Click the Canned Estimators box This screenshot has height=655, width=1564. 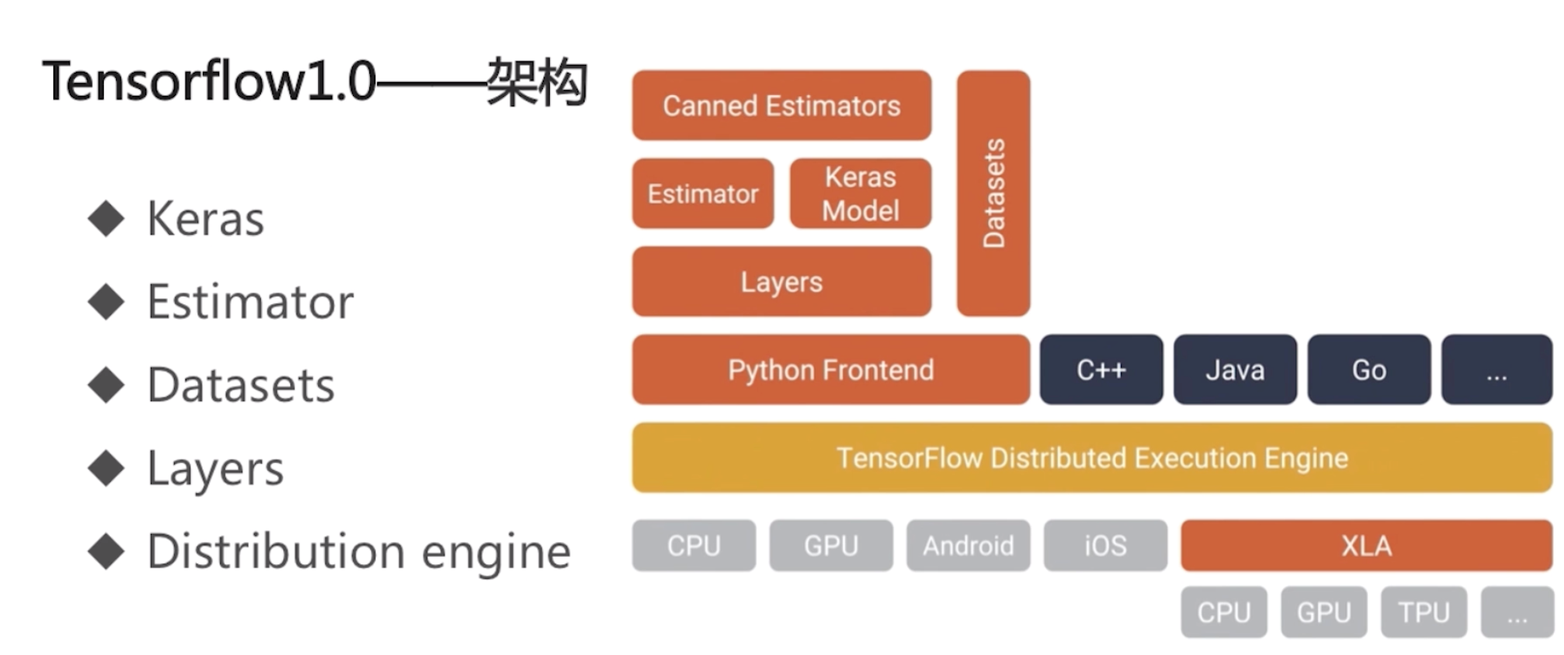(x=780, y=105)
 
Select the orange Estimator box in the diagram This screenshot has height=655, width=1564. (x=702, y=194)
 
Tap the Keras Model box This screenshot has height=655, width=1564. (x=859, y=194)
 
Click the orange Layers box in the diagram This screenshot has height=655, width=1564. (x=780, y=282)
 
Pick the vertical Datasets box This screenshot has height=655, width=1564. (x=993, y=194)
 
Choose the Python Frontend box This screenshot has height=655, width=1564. (x=830, y=369)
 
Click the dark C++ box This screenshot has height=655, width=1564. (x=1100, y=369)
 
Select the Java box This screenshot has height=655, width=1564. (x=1234, y=369)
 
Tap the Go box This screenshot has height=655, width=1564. (x=1368, y=369)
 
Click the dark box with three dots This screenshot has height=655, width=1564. (x=1496, y=369)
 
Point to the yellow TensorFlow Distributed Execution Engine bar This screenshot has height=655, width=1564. (x=1092, y=458)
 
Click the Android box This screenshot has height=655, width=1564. (x=968, y=546)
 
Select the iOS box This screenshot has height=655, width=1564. (x=1105, y=546)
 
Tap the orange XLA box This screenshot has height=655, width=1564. (x=1366, y=546)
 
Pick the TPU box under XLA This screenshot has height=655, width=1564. (x=1423, y=612)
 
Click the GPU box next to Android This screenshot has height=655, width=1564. (x=831, y=546)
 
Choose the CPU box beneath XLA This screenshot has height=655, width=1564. (x=1223, y=612)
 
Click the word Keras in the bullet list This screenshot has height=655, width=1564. (x=206, y=219)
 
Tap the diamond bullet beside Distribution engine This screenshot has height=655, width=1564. (x=106, y=551)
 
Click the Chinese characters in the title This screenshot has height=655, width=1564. (x=537, y=82)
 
